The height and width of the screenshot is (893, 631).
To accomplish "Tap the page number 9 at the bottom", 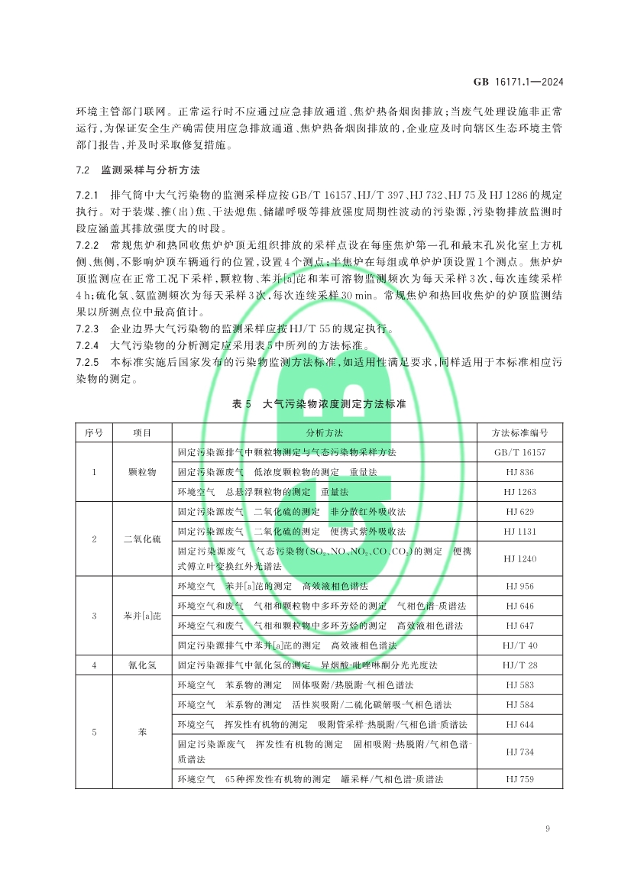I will (x=548, y=830).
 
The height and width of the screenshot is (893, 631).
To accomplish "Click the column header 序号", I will (x=94, y=432).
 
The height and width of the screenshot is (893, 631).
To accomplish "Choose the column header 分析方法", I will (x=325, y=432).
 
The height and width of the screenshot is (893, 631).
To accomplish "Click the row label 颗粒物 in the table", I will (x=142, y=472).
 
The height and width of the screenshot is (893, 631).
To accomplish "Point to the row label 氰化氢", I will (x=142, y=665).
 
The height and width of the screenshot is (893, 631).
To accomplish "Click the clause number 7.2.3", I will (x=89, y=329).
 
